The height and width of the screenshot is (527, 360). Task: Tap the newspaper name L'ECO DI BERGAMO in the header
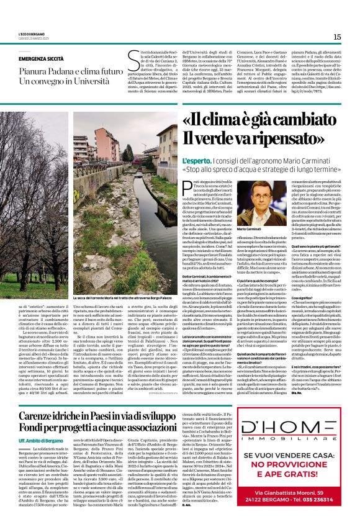32,35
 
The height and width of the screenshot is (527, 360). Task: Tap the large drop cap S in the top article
133,62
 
